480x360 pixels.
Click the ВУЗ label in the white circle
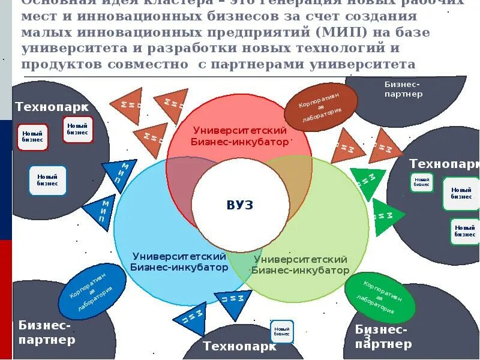pos(240,205)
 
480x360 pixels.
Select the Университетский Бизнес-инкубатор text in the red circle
pos(239,136)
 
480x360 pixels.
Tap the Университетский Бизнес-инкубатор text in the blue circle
pos(179,262)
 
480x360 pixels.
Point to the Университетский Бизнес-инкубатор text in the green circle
pos(300,265)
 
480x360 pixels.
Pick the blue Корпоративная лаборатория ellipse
pos(92,291)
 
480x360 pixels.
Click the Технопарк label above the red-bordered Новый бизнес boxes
pos(52,107)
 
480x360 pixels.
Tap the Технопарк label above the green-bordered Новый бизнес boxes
pos(444,164)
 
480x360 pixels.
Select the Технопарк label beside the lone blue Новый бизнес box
pos(239,346)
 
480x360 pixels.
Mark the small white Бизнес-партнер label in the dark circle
pos(403,89)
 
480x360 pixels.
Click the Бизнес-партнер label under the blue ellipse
pos(47,333)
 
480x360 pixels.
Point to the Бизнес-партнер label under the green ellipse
pos(383,337)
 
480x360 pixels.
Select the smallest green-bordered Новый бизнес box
pos(422,182)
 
